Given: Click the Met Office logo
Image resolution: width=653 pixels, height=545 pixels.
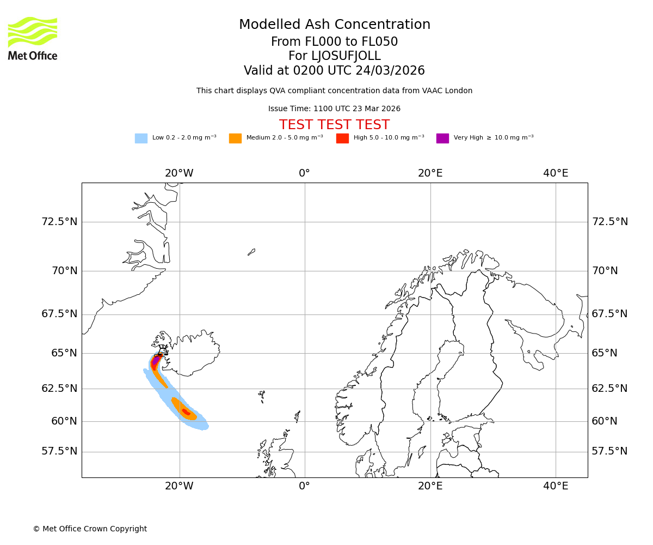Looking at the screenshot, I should point(33,38).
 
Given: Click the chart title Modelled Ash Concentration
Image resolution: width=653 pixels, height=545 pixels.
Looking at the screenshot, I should point(335,25).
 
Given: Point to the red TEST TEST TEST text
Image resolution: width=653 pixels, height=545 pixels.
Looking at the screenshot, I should point(334,125).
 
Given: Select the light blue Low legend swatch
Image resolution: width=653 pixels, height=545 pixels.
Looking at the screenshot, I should point(141,138).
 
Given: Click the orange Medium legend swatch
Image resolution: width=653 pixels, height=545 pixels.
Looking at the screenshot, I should point(235,138).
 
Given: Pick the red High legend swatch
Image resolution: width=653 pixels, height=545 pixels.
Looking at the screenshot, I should point(342,138).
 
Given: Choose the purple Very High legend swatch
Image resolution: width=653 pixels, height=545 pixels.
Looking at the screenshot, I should point(442,138).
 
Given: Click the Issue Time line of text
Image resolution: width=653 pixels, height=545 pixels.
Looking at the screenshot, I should point(334,109).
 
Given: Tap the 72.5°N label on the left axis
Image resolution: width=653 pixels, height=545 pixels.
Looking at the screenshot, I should point(59,222).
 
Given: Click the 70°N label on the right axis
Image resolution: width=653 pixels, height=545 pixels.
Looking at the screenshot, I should point(605,271).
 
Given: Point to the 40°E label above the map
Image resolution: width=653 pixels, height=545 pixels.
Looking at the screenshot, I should point(556,173).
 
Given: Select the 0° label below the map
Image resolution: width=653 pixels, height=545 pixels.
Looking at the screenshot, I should point(305,486).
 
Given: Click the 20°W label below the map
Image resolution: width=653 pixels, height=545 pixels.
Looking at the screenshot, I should point(179,486).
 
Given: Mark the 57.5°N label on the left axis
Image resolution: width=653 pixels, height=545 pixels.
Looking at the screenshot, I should point(59,451).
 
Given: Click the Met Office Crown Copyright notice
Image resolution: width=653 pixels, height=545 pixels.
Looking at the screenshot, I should point(90,529).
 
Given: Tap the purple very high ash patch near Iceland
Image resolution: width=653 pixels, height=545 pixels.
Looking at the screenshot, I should point(156,360).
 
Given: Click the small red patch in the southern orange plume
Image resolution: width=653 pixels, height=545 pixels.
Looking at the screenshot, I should point(186,412).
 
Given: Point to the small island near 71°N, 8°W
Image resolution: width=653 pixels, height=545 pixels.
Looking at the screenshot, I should point(251,252).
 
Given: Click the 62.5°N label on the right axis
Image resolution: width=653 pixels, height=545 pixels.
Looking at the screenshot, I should point(609,389).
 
